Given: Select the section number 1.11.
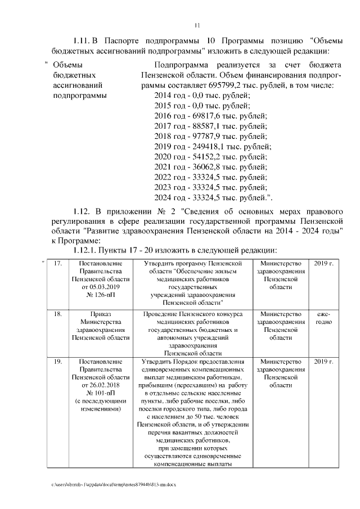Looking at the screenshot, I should (x=82, y=42).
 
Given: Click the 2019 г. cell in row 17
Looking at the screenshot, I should (x=323, y=264).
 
